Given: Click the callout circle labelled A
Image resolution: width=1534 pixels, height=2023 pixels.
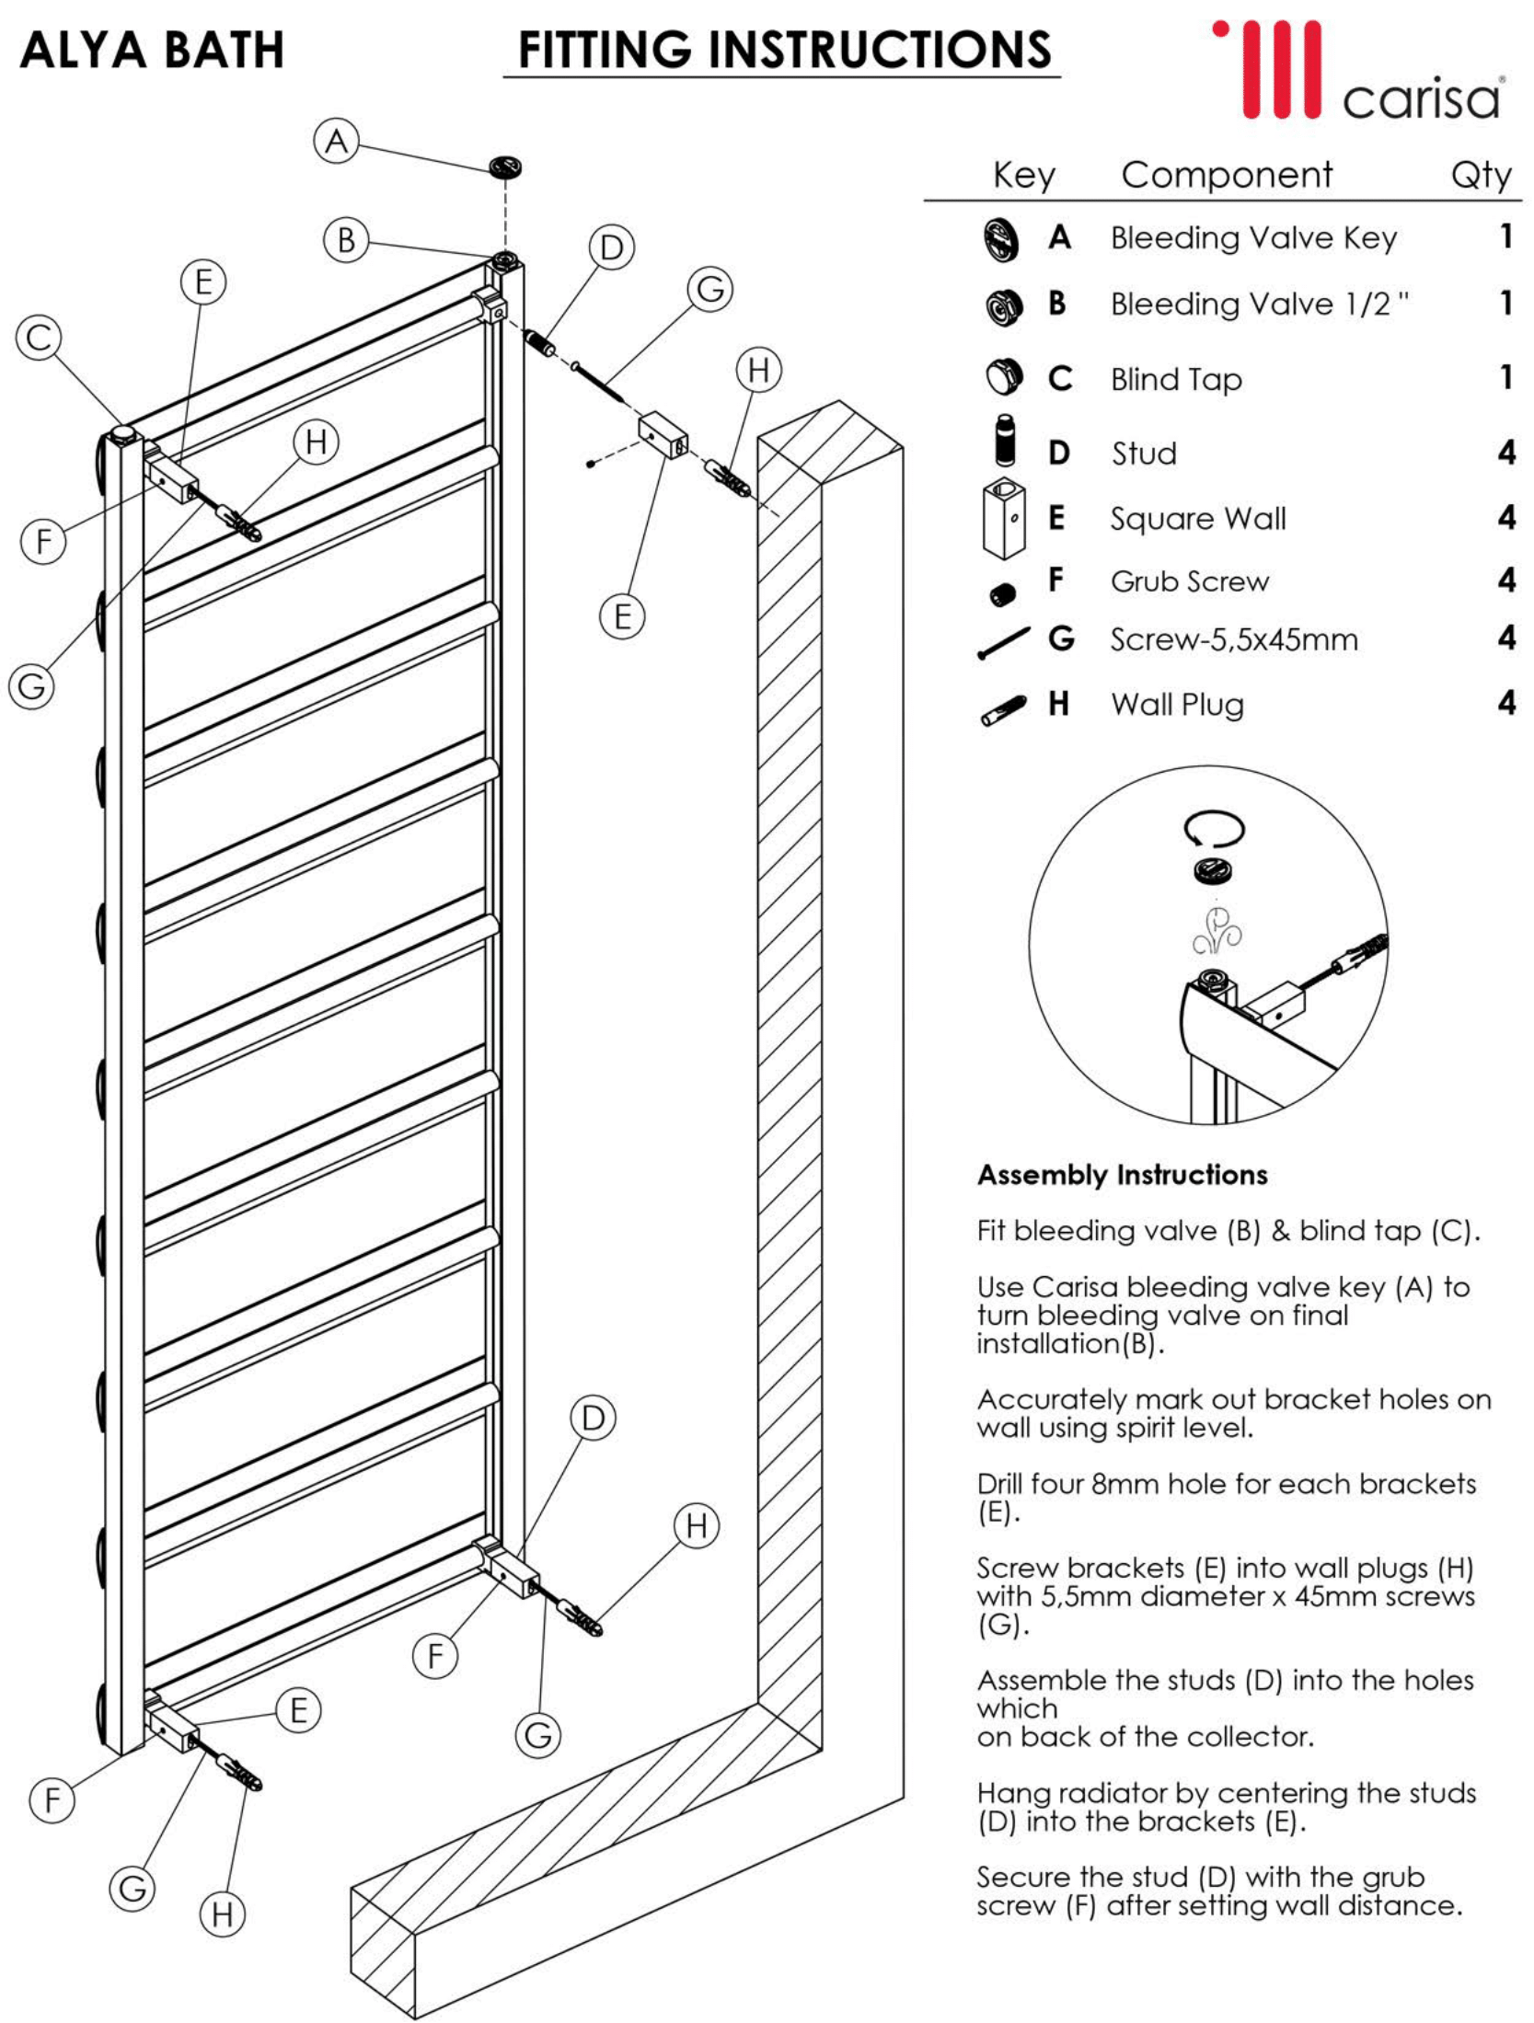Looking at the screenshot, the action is pyautogui.click(x=337, y=141).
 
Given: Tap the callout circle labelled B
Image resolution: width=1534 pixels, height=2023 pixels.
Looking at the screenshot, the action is pyautogui.click(x=346, y=240).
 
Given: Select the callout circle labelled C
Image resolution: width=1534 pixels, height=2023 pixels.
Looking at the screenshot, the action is pyautogui.click(x=39, y=337).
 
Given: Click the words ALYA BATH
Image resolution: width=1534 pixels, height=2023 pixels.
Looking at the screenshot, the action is pyautogui.click(x=152, y=50).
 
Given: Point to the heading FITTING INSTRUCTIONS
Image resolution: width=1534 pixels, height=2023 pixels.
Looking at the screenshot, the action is pyautogui.click(x=784, y=50).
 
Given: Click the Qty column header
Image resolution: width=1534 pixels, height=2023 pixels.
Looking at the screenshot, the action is pyautogui.click(x=1481, y=175).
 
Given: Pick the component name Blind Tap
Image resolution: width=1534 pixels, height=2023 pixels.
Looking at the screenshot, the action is pyautogui.click(x=1176, y=379).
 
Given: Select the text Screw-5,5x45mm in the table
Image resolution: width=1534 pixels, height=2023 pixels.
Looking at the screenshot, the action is pyautogui.click(x=1233, y=638).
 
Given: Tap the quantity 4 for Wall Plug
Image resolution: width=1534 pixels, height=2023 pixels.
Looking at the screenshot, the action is pyautogui.click(x=1506, y=703).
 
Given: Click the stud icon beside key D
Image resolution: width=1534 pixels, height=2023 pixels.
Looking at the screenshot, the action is pyautogui.click(x=1006, y=442).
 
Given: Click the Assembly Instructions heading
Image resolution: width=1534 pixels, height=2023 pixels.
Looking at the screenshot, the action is pyautogui.click(x=1122, y=1175).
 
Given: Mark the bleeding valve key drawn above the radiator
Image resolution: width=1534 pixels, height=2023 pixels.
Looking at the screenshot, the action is pyautogui.click(x=505, y=167).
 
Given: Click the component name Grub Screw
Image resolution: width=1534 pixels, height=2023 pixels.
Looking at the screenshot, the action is pyautogui.click(x=1189, y=581).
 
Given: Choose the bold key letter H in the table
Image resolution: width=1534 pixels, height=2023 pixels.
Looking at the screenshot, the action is pyautogui.click(x=1058, y=704).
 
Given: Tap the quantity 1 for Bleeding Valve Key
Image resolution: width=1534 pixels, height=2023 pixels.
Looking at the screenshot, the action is pyautogui.click(x=1506, y=236).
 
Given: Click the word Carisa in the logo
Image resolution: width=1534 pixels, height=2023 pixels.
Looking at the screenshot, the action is pyautogui.click(x=1421, y=99).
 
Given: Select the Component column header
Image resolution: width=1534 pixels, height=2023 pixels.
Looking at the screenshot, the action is pyautogui.click(x=1227, y=175).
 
